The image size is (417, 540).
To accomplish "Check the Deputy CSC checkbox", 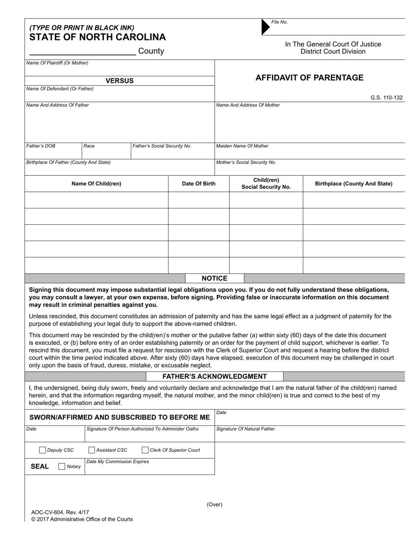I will (43, 450).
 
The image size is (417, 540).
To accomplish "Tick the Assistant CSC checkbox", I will (92, 450).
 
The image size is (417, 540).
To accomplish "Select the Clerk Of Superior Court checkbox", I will (145, 450).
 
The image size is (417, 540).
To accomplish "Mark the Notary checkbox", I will (62, 467).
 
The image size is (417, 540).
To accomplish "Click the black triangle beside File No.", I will (265, 27).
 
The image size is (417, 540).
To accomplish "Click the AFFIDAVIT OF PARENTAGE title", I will (309, 78).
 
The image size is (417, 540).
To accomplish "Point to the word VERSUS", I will (119, 81).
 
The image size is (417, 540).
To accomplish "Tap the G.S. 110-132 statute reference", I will (386, 98).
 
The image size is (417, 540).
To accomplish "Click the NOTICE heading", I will (214, 278).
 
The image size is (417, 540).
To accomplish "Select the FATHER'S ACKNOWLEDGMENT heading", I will (214, 377).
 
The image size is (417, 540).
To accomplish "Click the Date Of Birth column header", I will (199, 184).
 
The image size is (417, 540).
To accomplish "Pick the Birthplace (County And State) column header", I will (354, 184).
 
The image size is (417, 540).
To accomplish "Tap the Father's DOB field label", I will (41, 146).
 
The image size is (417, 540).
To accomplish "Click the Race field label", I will (89, 146).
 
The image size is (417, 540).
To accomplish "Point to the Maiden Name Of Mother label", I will (242, 146).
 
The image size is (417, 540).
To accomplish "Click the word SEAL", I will (40, 466).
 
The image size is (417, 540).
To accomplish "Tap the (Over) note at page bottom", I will (215, 504).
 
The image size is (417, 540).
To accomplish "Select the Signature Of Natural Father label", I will (246, 429).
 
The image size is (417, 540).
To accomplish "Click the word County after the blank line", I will (151, 51).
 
